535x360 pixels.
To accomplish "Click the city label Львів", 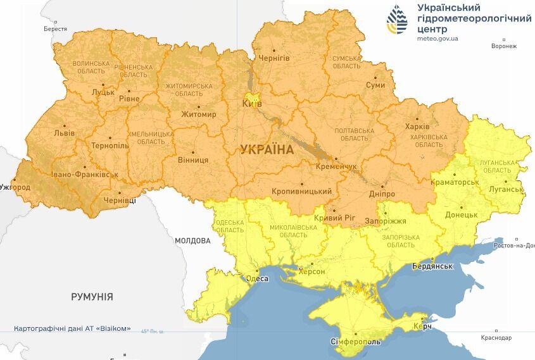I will pos(64,133).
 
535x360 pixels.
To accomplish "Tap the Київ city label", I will pos(253,104).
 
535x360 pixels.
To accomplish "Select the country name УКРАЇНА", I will pos(267,150).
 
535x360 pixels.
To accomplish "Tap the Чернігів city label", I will pos(274,58).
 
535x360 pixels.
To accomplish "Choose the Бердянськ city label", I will pos(432,266).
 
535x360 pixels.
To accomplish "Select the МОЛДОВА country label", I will pos(192,241).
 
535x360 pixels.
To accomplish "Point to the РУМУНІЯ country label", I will pos(92,297).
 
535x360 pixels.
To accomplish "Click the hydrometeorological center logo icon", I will pos(398,20).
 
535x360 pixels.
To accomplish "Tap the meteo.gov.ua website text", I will pos(438,39).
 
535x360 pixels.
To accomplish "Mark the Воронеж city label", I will pos(504,46).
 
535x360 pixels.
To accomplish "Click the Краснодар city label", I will pos(496,338).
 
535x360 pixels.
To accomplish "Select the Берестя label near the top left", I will pos(55,29).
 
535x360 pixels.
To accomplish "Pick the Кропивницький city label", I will pos(301,191).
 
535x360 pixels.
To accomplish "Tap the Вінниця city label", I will pos(193,160).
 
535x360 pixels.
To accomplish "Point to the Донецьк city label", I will pos(461,215).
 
